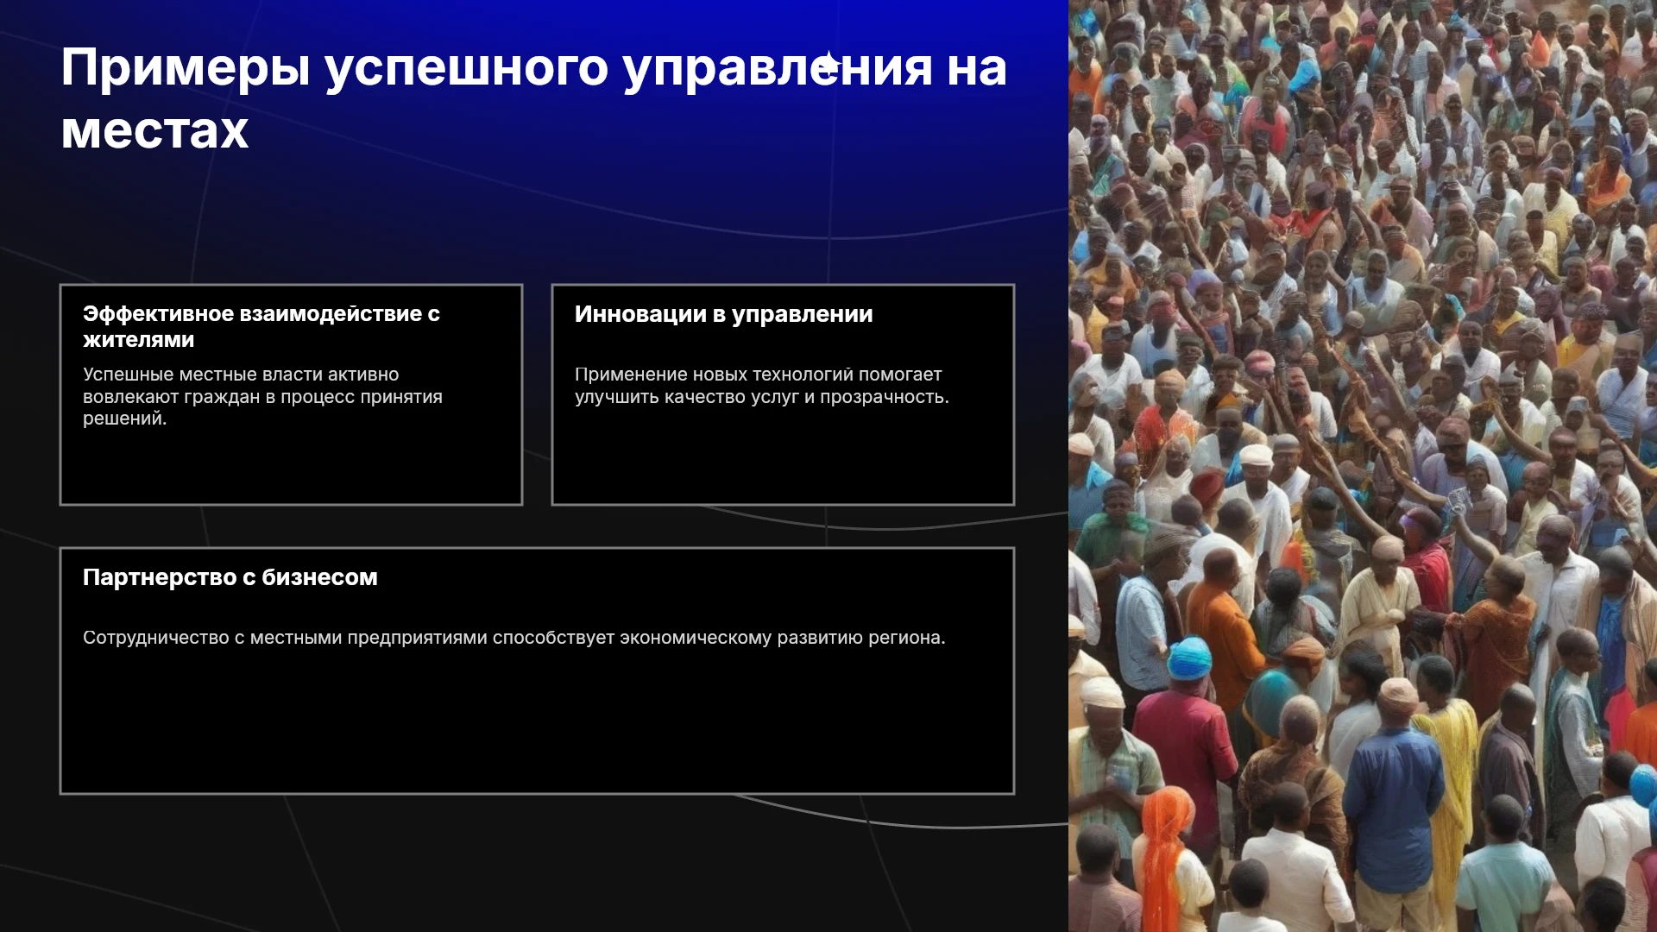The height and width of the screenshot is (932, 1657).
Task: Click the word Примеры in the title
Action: click(186, 69)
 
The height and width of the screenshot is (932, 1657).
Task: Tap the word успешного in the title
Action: click(467, 69)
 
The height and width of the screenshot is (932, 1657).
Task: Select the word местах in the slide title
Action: click(155, 131)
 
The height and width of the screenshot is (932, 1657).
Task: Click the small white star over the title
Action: click(829, 65)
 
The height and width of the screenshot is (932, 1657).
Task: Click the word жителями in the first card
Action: click(139, 340)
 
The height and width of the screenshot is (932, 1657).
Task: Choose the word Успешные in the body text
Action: click(128, 375)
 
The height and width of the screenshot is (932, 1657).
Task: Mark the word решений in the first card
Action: click(124, 419)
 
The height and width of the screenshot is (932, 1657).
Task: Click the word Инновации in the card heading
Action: click(640, 314)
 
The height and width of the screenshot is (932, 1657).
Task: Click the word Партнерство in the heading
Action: click(159, 577)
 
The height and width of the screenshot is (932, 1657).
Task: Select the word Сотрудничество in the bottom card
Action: click(156, 638)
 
